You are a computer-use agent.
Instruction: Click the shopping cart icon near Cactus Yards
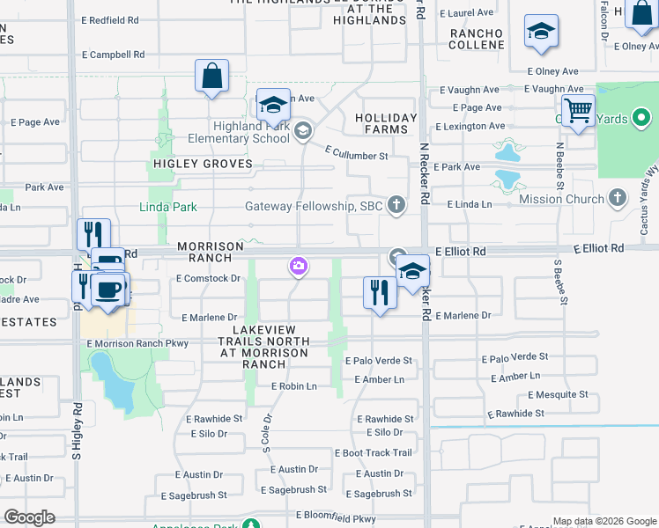coord(578,112)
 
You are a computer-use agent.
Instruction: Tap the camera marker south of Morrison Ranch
coord(298,266)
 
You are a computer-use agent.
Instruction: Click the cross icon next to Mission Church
coord(618,199)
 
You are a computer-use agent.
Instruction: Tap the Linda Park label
coord(167,208)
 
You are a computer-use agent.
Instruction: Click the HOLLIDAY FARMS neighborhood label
coord(386,123)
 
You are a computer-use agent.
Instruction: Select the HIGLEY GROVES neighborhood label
coord(203,165)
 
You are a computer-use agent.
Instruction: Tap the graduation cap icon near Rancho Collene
coord(540,33)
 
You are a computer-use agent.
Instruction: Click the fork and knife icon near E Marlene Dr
coord(380,293)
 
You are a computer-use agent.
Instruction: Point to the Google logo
coord(29,517)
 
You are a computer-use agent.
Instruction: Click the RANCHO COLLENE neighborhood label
coord(476,40)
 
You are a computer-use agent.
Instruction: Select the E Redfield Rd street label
coord(109,19)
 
